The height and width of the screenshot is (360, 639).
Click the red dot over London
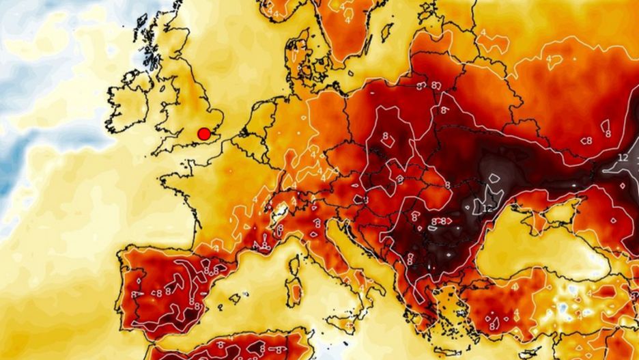203,134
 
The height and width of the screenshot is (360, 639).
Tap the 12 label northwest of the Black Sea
487,208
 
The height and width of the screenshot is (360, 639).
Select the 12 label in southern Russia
622,158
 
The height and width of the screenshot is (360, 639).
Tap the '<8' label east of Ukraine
586,141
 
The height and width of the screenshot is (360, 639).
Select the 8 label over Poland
386,137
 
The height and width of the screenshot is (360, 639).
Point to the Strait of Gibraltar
152,342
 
